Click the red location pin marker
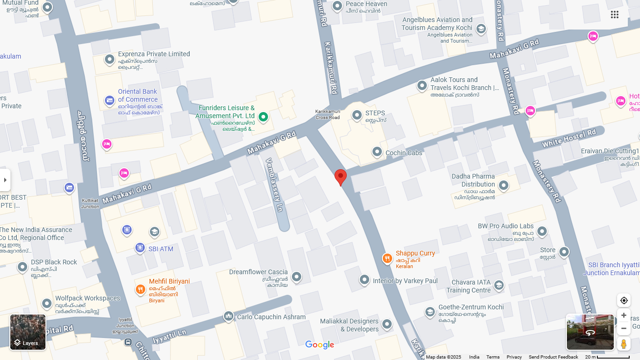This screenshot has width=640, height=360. click(341, 177)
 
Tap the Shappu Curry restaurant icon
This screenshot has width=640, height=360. click(387, 259)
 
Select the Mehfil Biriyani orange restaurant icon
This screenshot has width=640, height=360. click(140, 290)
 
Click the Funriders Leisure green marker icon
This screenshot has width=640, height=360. click(263, 117)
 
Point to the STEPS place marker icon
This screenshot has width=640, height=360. click(357, 115)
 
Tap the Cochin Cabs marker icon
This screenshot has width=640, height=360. click(377, 152)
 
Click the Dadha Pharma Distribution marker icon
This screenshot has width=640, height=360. click(504, 185)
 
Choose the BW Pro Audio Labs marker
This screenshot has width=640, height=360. click(542, 231)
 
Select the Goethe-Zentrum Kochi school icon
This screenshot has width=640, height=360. click(430, 312)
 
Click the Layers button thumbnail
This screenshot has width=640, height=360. click(28, 332)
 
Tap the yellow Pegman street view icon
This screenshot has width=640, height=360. click(624, 344)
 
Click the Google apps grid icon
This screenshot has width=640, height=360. click(615, 15)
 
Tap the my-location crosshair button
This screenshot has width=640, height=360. click(624, 300)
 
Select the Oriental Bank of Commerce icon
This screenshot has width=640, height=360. click(110, 100)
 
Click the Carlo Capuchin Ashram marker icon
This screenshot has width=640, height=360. click(228, 316)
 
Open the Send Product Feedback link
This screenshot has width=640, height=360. click(553, 357)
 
